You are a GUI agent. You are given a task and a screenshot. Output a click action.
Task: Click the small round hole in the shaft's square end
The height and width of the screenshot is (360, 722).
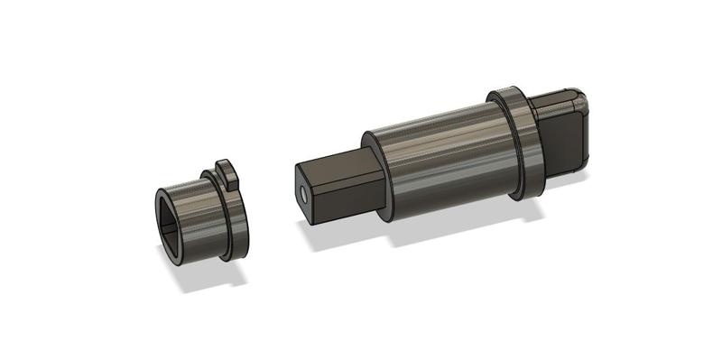coord(303,193)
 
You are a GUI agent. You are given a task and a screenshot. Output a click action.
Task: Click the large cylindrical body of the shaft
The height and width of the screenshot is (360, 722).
coord(442,158)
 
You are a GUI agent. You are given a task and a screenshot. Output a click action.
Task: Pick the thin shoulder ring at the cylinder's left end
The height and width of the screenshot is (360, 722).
coord(377,177)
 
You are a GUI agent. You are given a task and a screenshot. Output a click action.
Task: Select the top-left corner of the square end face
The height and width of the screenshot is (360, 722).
coord(296,168)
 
